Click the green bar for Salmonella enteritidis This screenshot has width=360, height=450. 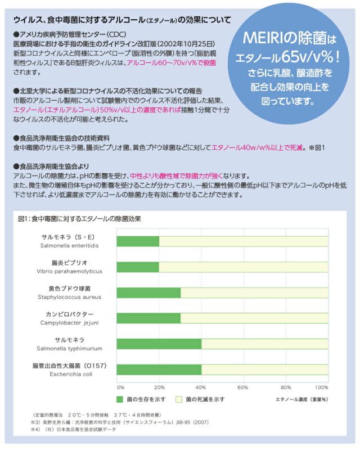pos(138,241)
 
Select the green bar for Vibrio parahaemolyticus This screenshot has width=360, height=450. pos(138,267)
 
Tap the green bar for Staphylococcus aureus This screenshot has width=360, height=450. pos(148,292)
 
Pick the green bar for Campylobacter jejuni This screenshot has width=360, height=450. pos(148,318)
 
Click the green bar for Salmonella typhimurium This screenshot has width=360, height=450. pos(159,344)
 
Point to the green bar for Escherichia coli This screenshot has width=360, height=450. pos(159,370)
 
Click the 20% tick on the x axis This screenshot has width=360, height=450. pos(159,388)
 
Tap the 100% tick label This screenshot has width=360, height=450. pos(321,388)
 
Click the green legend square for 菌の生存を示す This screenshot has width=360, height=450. pos(120,399)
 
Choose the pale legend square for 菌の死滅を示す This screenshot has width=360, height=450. pos(179,399)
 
